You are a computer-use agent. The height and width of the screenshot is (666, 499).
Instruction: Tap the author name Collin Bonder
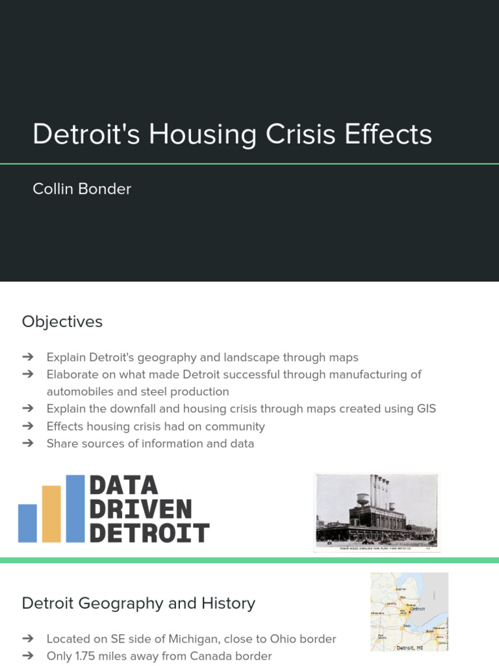coord(82,189)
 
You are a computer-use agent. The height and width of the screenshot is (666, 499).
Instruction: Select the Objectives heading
coord(62,322)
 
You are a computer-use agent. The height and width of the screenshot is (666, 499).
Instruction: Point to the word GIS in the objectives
coord(426,409)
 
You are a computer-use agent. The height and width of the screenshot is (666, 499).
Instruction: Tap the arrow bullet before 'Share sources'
coord(27,444)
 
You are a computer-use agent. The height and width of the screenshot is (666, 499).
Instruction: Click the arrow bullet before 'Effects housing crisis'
coord(27,427)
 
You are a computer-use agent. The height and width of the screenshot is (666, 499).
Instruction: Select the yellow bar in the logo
coord(51,514)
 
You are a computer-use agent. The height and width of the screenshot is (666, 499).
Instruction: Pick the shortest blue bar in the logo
coord(27,523)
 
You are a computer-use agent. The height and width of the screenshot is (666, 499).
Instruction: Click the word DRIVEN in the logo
coord(140,509)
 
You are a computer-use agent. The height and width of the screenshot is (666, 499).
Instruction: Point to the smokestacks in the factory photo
coord(379,491)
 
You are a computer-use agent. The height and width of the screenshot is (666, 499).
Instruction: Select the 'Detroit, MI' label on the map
coord(411,647)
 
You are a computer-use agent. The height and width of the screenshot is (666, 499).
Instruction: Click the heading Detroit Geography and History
coord(138,604)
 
